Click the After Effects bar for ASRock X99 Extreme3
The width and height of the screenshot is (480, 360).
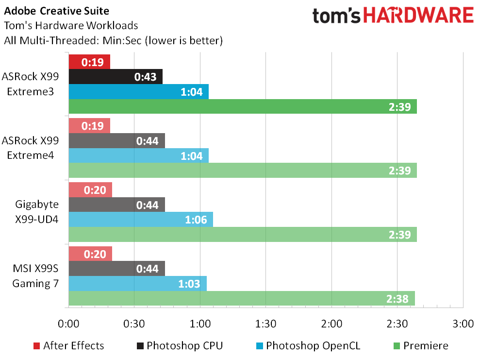89,62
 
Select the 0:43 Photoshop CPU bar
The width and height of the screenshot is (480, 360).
116,77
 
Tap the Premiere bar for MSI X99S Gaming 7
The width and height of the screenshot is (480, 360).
242,298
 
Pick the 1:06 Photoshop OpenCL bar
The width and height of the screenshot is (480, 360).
141,220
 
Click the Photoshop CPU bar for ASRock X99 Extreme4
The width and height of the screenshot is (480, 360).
116,141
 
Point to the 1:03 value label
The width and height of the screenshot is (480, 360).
189,284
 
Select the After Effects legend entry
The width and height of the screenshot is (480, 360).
68,346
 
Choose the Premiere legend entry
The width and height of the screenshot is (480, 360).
419,346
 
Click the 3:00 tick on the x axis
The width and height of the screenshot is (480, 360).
463,324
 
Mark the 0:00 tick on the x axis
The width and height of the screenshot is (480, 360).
68,324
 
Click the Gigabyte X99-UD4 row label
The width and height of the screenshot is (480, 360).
37,212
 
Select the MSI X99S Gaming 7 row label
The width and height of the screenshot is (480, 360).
34,276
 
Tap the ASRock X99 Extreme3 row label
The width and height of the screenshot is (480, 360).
31,84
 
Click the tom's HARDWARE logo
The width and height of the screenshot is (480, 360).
393,16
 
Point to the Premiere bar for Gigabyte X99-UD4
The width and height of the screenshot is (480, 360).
243,234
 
